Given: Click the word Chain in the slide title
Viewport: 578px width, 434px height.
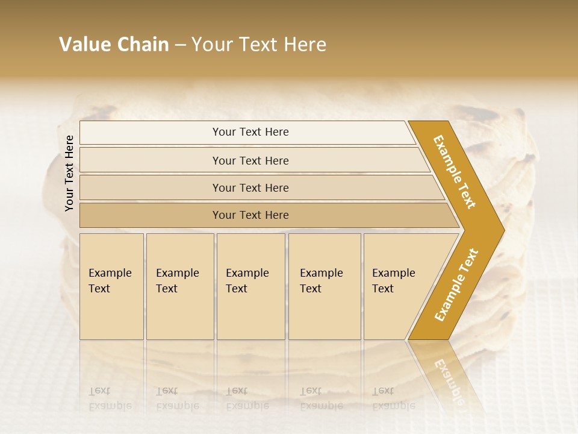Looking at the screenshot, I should (143, 45).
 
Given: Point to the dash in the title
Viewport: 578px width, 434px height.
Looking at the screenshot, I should (180, 45).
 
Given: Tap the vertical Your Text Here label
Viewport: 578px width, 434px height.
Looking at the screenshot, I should (69, 173).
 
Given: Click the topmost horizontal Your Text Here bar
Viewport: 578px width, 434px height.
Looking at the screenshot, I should (250, 132).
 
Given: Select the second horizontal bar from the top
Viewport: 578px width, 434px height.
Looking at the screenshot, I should (250, 160).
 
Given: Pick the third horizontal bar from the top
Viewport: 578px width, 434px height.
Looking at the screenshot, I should (250, 187).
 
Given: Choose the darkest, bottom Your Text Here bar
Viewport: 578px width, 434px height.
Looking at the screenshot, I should (250, 215).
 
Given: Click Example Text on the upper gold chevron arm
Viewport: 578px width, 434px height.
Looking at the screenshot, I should (455, 172).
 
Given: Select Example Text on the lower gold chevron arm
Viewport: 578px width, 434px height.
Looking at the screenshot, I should (456, 285).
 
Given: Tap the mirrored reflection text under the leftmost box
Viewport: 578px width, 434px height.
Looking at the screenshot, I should (110, 398).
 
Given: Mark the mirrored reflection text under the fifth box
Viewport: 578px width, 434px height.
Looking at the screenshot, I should (394, 398).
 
